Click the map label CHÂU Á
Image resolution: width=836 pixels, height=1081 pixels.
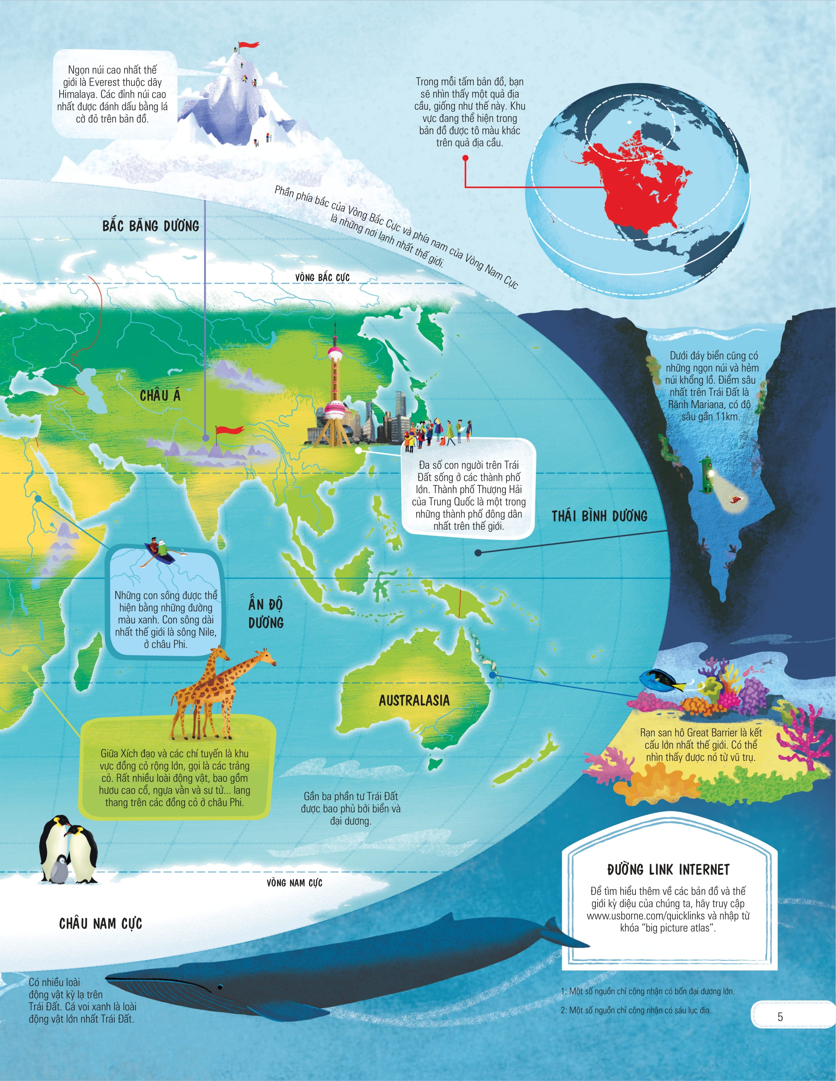coord(160,395)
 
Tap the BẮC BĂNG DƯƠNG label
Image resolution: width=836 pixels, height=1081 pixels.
coord(150,226)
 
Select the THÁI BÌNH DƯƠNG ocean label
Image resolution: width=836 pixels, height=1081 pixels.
coord(600,516)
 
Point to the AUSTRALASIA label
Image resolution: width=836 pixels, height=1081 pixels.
coord(414,700)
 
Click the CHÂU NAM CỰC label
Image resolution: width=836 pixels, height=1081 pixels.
coord(101,924)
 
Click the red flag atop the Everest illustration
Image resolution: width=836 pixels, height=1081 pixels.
coord(249,45)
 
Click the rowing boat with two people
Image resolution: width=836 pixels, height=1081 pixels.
coord(159,551)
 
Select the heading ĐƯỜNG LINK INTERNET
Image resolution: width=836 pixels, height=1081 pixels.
coord(668,870)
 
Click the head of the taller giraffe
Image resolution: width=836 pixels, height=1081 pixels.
coord(268,656)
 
